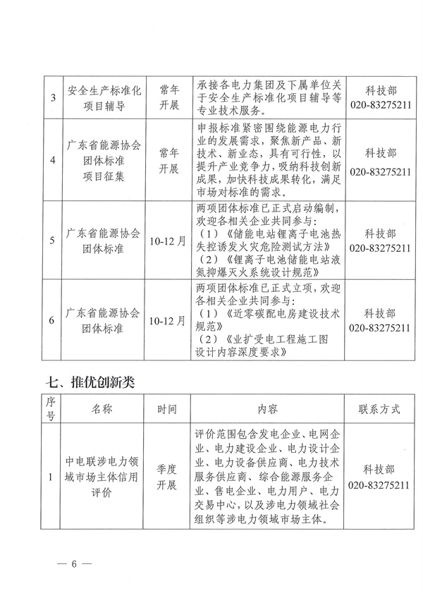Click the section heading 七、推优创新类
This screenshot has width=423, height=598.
coord(90,382)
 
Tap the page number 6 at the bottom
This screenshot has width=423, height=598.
coord(71,565)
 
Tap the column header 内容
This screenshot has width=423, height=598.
coord(267,408)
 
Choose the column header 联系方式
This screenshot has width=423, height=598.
coord(379,408)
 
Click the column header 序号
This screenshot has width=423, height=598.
coord(51,408)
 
